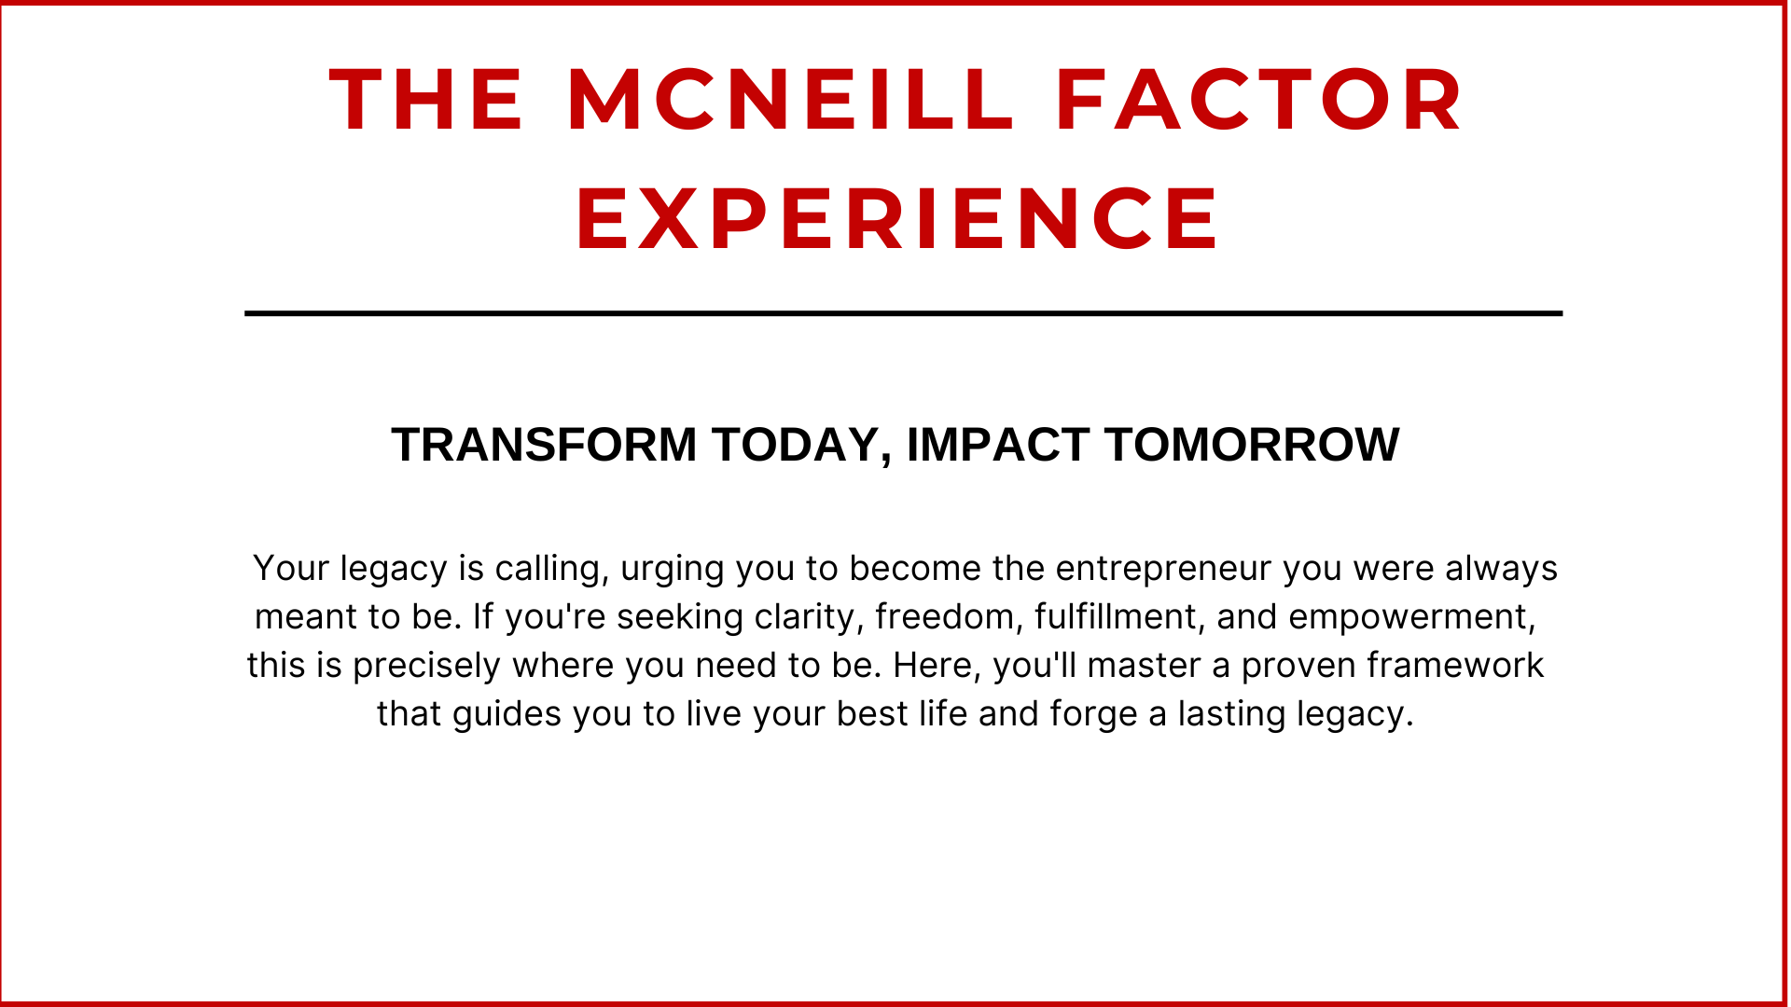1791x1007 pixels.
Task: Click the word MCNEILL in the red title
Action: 790,99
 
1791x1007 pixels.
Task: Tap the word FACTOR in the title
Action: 1259,99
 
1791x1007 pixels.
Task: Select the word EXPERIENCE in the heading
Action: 897,218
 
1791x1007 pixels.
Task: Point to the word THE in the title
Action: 426,99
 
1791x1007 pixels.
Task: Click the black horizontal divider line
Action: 903,313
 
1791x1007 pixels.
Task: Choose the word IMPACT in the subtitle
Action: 998,445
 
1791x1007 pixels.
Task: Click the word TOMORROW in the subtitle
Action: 1252,445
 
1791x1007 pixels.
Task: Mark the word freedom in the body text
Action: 950,617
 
